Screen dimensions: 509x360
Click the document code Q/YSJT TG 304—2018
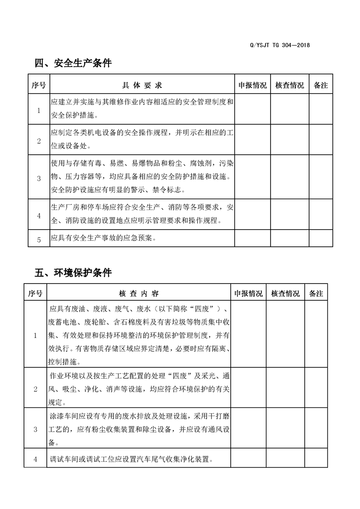(x=280, y=45)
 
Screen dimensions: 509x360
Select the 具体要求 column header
(x=142, y=85)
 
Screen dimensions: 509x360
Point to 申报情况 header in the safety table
(x=252, y=85)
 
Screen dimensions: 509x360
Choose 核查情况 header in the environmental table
(x=285, y=294)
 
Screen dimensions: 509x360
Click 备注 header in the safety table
(x=321, y=85)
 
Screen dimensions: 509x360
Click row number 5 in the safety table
(x=39, y=239)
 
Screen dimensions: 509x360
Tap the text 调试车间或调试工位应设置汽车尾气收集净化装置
(x=132, y=459)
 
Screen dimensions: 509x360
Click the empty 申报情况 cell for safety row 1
(x=252, y=109)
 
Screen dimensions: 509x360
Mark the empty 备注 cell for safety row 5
(x=321, y=239)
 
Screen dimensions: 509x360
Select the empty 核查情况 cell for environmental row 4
(x=285, y=459)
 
